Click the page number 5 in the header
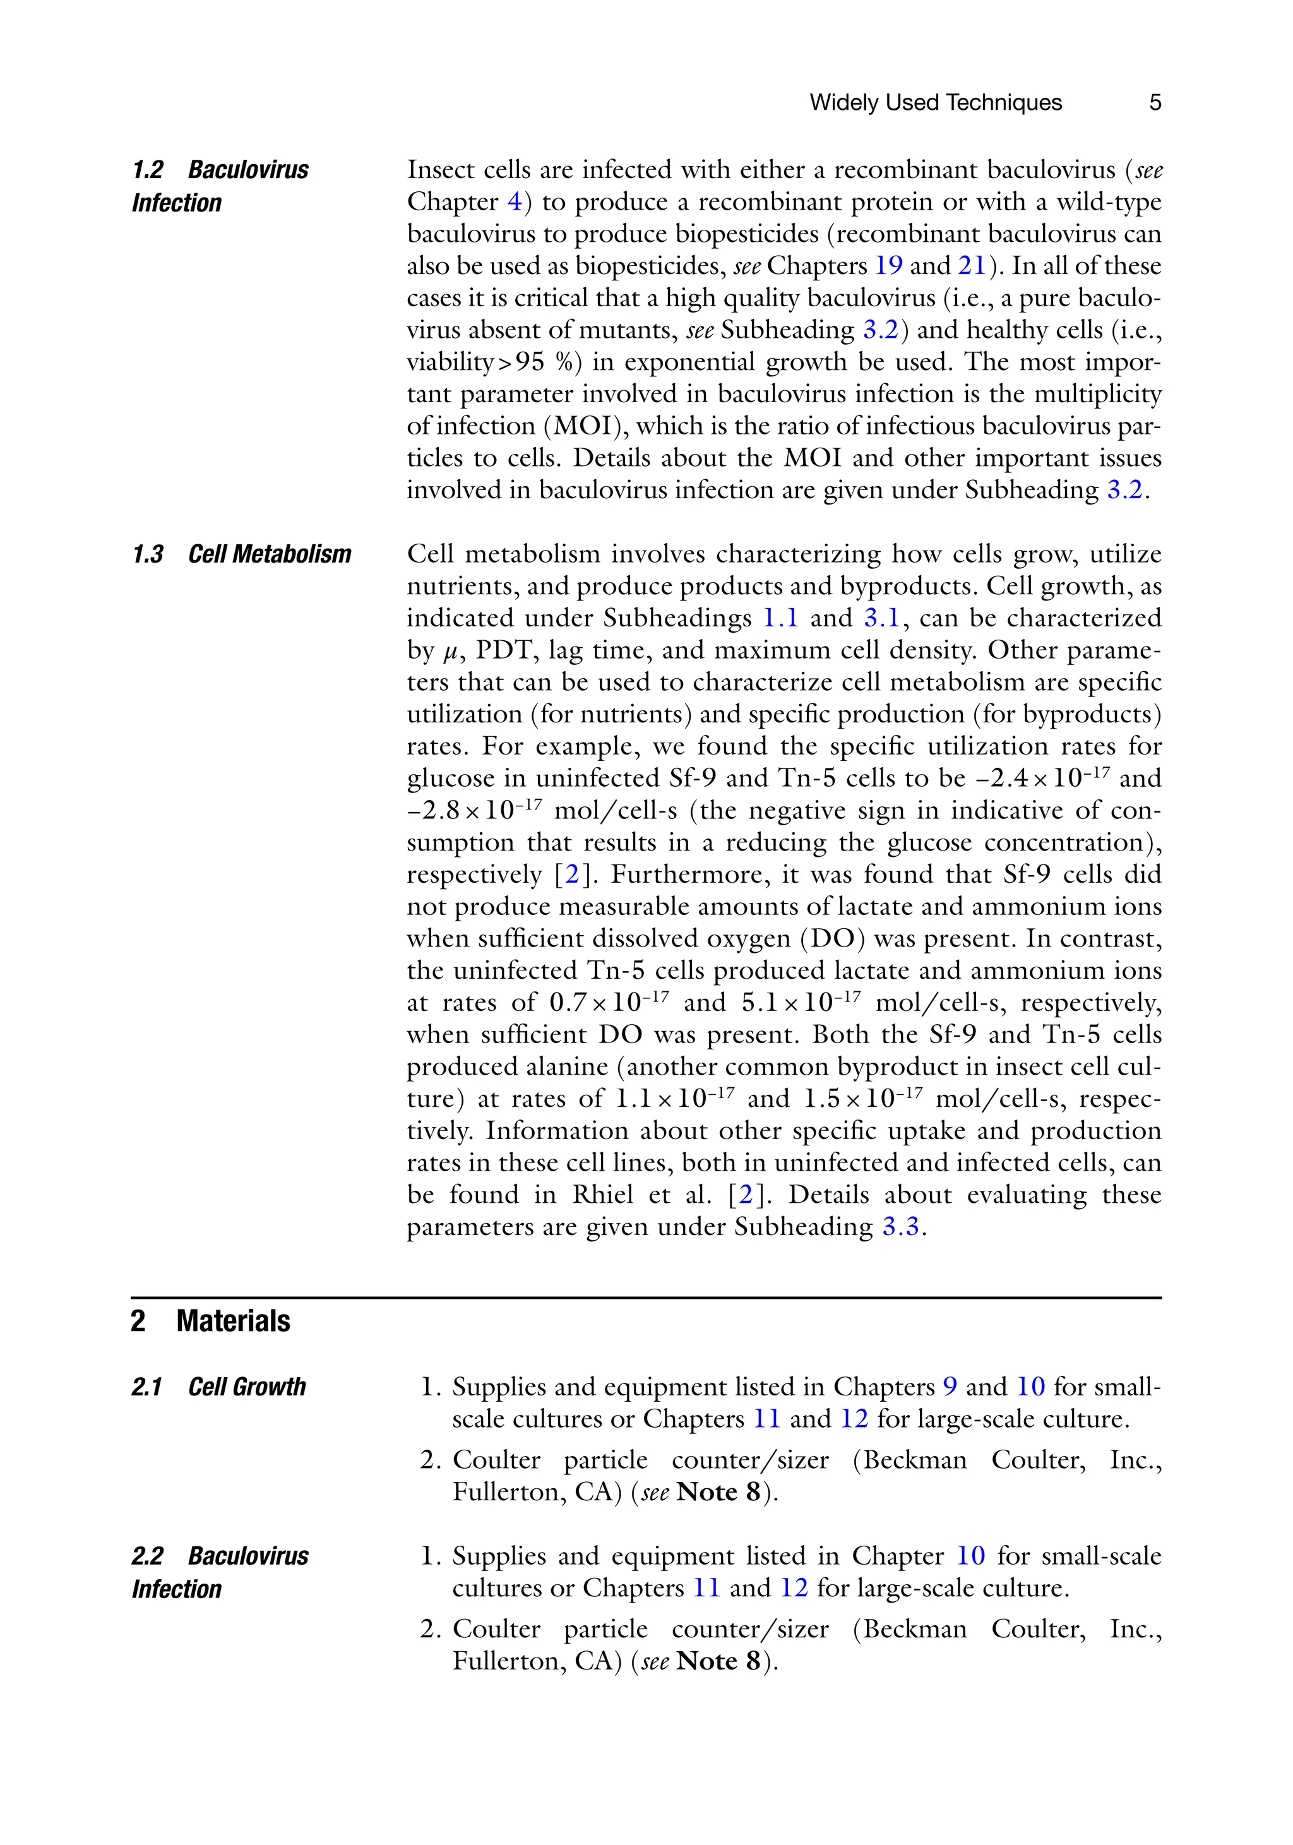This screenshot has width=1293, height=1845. [x=1155, y=103]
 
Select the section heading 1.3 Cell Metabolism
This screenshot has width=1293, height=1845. [x=241, y=554]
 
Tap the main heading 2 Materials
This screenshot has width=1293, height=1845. [x=210, y=1321]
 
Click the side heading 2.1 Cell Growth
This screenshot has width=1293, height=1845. [x=218, y=1387]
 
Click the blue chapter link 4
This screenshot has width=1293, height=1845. [x=515, y=201]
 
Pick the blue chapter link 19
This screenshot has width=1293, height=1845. [x=888, y=266]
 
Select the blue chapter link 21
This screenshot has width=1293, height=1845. [x=971, y=266]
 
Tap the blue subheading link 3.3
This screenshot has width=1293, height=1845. [x=900, y=1227]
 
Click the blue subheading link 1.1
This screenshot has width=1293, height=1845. [x=780, y=618]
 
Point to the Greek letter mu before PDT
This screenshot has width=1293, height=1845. [x=450, y=652]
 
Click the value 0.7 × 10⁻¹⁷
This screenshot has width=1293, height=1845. [x=609, y=1003]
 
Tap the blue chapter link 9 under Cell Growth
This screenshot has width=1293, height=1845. [x=949, y=1387]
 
